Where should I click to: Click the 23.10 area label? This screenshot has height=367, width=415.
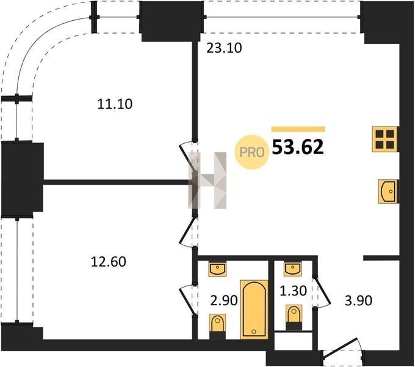[x=224, y=48]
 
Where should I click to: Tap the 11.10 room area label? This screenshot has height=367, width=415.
[x=115, y=104]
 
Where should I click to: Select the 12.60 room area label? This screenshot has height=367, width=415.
[x=108, y=262]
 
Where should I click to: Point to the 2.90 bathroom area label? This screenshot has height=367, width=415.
[x=224, y=301]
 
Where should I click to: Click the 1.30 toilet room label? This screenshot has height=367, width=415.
[x=294, y=291]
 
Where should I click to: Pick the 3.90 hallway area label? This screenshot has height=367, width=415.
[x=358, y=301]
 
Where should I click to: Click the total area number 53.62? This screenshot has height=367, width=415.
[x=298, y=147]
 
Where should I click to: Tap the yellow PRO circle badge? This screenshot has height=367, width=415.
[x=251, y=152]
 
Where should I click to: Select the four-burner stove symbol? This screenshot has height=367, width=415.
[x=385, y=139]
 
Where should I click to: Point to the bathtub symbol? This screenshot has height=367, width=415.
[x=254, y=309]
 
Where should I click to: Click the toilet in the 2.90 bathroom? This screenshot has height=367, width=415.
[x=217, y=327]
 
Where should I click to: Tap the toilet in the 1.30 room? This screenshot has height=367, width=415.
[x=294, y=317]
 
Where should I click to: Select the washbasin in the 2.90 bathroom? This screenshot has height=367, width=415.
[x=217, y=269]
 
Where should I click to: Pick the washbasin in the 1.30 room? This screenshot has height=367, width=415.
[x=293, y=269]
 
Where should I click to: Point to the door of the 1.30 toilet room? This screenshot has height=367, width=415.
[x=322, y=292]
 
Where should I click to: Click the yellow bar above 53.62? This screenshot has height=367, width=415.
[x=298, y=129]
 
